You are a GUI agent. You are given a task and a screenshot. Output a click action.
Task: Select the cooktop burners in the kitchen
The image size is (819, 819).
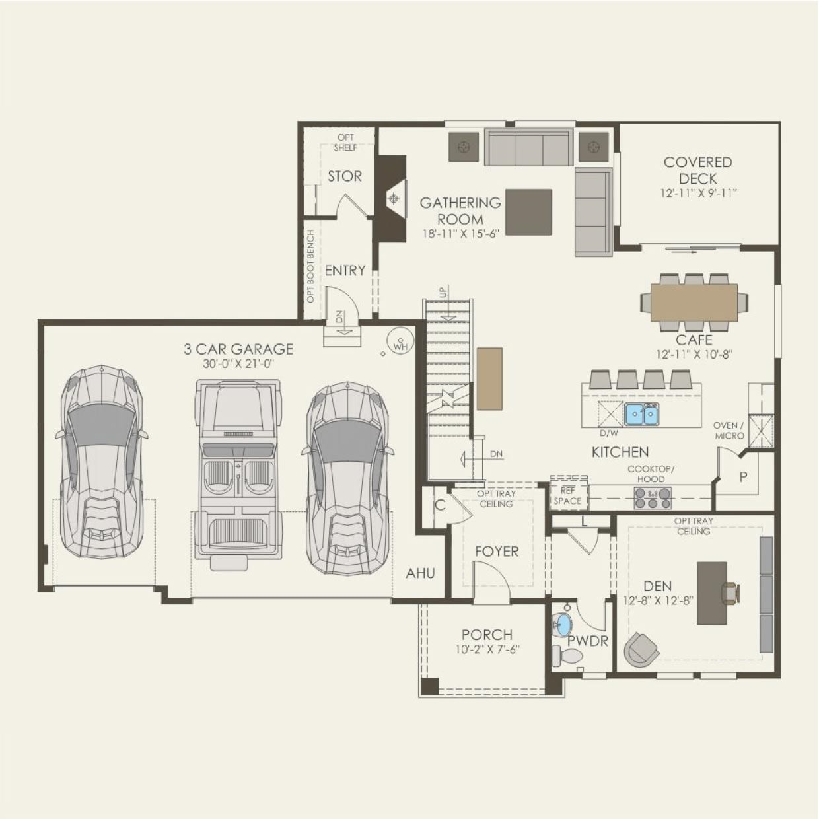point(653,497)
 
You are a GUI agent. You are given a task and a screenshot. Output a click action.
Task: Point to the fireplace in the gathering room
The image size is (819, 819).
point(394,199)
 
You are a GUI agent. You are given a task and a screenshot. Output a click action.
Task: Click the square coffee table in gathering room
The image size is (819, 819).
point(528,212)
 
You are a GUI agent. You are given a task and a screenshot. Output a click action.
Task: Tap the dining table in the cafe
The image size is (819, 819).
point(694,303)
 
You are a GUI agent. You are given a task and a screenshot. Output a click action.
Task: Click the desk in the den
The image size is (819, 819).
point(712,593)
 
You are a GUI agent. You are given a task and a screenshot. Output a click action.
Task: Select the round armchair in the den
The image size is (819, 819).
point(641,649)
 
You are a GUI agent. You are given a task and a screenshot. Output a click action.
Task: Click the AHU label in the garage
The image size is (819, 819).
point(421,573)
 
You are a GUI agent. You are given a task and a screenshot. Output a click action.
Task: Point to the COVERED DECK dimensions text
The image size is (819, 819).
point(698,194)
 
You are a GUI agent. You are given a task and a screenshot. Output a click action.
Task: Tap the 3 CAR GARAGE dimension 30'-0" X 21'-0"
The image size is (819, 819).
point(238,364)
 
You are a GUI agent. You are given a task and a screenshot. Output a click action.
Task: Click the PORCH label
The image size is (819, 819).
point(487,635)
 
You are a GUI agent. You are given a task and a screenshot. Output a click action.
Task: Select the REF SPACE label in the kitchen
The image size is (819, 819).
point(568,496)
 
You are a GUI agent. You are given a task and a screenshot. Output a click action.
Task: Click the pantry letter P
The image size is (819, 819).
point(743,477)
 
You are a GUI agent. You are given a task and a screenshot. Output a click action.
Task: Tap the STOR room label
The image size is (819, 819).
point(345,176)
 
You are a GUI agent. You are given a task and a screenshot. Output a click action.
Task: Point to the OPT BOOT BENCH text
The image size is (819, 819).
point(311,266)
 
